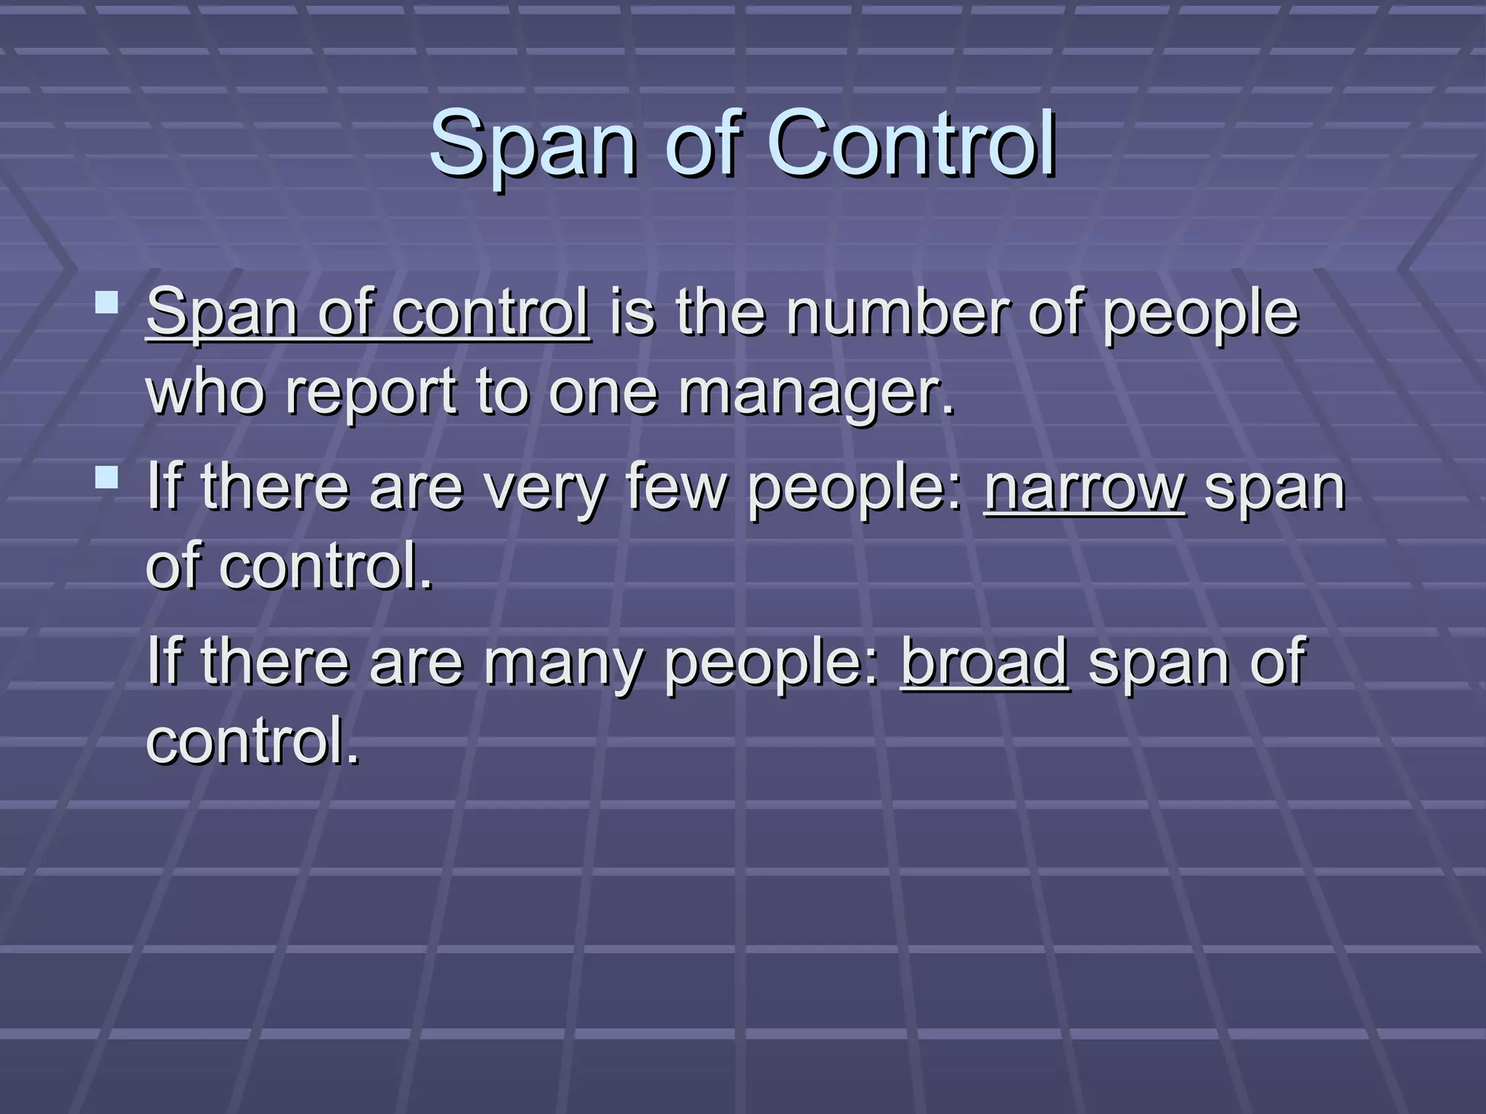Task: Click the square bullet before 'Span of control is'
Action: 107,302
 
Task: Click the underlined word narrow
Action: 1085,489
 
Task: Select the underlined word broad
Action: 985,661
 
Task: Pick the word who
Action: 205,392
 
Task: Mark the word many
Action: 563,663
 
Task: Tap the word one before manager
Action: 603,392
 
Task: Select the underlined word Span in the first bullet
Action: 222,313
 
